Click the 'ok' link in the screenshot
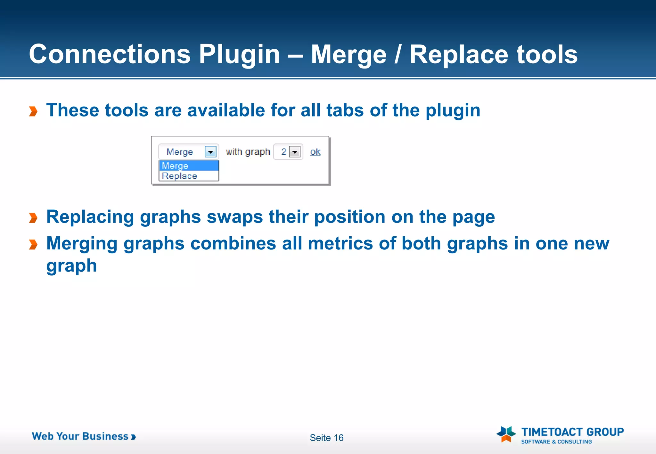click(x=315, y=152)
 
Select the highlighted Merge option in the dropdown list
click(x=189, y=166)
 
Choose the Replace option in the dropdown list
click(x=179, y=176)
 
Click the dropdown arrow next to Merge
click(x=210, y=152)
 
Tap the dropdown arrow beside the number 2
click(x=295, y=152)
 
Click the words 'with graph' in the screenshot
click(x=248, y=152)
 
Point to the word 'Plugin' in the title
click(x=239, y=54)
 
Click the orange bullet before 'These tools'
click(x=33, y=111)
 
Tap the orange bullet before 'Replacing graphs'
click(x=33, y=218)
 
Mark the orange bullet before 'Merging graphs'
click(x=33, y=245)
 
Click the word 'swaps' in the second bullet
click(x=235, y=217)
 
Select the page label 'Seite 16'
click(x=326, y=438)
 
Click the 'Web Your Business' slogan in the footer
click(x=84, y=436)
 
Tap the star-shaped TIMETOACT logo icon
click(x=506, y=434)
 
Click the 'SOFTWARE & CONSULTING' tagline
click(x=556, y=442)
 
